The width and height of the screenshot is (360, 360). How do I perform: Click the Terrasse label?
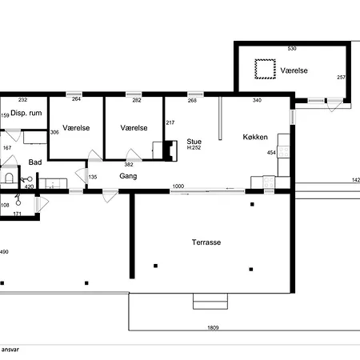click(206, 242)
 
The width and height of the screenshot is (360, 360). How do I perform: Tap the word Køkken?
click(255, 137)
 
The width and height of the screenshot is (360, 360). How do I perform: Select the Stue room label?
click(194, 142)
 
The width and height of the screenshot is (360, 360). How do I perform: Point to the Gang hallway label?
click(128, 176)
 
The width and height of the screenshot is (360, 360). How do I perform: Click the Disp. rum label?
click(26, 113)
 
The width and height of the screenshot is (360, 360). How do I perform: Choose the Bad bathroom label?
click(35, 162)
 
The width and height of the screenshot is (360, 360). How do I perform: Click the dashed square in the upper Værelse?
click(265, 69)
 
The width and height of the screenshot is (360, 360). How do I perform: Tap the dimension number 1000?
click(178, 186)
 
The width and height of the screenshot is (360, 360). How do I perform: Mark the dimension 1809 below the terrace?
click(213, 327)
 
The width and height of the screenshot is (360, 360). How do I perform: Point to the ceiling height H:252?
click(194, 148)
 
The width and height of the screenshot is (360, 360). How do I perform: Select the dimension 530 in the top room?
click(292, 49)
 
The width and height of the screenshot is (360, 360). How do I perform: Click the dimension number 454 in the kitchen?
click(271, 153)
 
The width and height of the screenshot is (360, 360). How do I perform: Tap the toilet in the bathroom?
click(10, 177)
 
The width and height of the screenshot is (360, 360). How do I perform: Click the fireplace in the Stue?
click(170, 150)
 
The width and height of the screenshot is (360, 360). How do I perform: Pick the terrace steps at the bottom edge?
click(210, 302)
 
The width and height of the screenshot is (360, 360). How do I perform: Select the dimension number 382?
click(129, 165)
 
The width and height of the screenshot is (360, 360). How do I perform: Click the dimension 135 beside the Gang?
click(93, 177)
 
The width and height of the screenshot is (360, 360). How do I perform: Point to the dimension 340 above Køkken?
click(257, 100)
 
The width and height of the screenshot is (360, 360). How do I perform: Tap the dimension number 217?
click(170, 122)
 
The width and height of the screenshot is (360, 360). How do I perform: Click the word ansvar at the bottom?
click(10, 350)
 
